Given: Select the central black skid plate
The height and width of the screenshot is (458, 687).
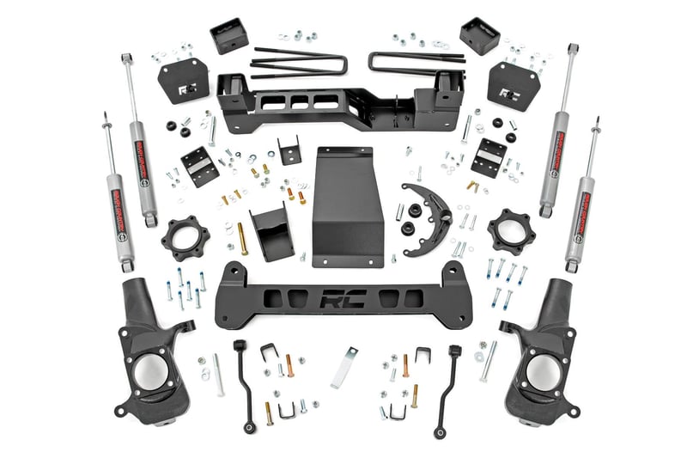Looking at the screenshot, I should [347, 206].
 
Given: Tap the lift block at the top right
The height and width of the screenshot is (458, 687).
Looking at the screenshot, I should [478, 36].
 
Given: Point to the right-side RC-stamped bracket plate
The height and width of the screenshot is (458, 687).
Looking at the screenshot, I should [512, 83].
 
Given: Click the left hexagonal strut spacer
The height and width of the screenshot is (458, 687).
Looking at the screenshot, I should [185, 237].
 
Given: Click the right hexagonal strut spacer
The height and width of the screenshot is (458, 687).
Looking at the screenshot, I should [512, 231].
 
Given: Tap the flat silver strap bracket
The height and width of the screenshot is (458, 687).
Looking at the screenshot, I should [343, 366].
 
